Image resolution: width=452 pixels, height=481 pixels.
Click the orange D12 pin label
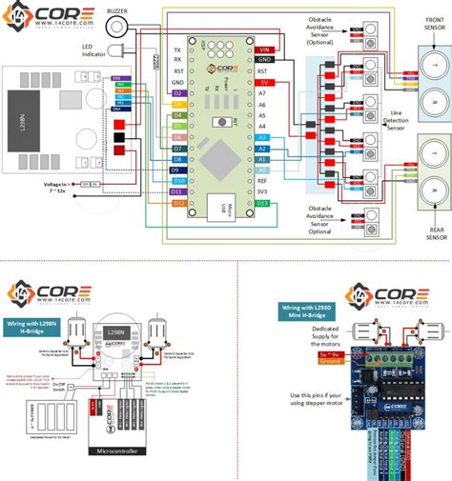pos(178,203)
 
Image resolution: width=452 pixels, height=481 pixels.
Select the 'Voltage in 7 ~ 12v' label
pos(61,187)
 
